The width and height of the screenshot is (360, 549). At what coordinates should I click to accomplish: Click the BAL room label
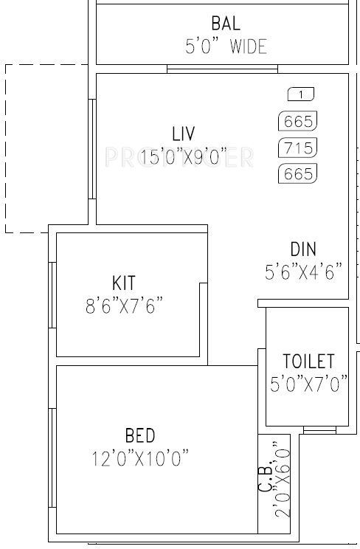point(225,22)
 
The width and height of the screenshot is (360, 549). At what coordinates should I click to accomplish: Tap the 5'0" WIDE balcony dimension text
point(225,47)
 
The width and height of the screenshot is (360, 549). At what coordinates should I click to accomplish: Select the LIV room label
point(183,134)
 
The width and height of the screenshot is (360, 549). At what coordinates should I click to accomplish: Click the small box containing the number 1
point(300,94)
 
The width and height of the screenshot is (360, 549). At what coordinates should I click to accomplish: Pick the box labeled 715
point(297,147)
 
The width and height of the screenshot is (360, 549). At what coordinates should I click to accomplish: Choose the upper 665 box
point(297,121)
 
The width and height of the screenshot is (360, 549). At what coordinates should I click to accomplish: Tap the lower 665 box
point(297,174)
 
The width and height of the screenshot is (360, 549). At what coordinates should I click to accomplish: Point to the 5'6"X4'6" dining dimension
point(304,272)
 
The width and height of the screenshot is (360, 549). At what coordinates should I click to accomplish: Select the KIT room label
point(124,283)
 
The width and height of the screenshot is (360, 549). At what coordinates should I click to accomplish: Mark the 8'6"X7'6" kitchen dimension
point(124,305)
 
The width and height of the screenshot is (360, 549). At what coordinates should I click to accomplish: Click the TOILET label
point(308,362)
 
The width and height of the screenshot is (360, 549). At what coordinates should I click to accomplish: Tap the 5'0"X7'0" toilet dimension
point(308,384)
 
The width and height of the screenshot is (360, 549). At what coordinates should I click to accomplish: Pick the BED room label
point(140,435)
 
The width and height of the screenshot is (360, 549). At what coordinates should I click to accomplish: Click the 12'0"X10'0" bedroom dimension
point(140,459)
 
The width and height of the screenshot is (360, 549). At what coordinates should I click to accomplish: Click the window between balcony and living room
point(222,69)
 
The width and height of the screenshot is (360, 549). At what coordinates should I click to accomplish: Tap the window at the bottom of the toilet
point(319,429)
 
